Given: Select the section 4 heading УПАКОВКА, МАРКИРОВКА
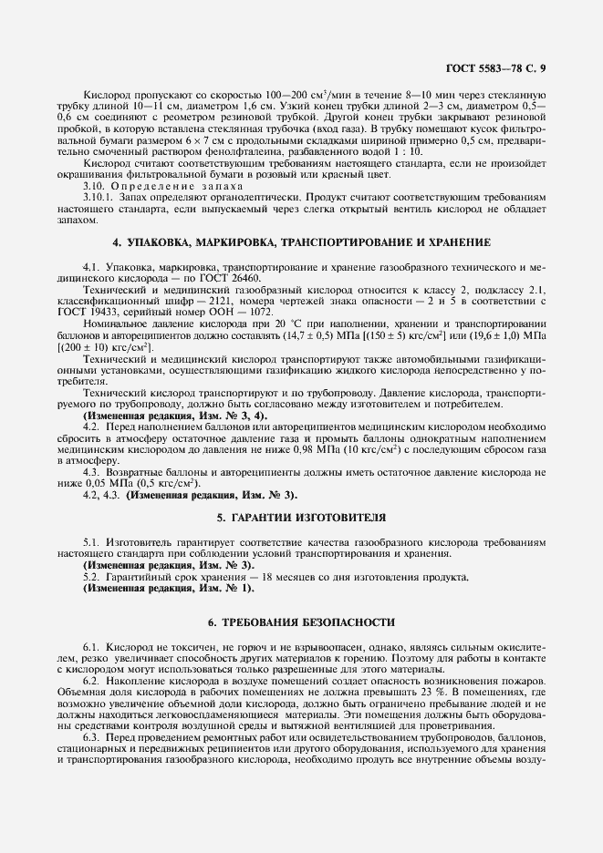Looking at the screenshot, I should (301, 243).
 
